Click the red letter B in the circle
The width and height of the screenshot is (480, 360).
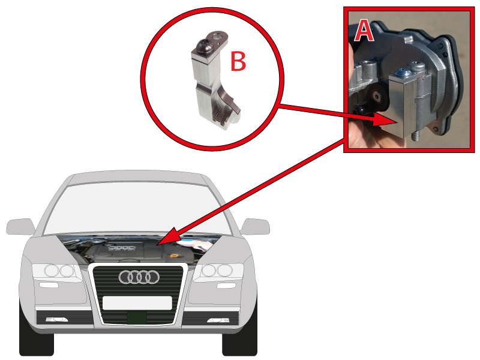pyautogui.click(x=238, y=61)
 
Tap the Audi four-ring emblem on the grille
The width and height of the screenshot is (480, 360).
pyautogui.click(x=139, y=277)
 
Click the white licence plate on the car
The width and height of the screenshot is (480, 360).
pyautogui.click(x=137, y=303)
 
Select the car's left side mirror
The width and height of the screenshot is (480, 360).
pyautogui.click(x=20, y=227)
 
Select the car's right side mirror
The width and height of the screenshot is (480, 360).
pyautogui.click(x=256, y=227)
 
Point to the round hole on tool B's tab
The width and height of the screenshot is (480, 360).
pyautogui.click(x=217, y=37)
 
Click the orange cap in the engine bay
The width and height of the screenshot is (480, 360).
pyautogui.click(x=174, y=256)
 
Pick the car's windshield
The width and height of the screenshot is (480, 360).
pyautogui.click(x=137, y=208)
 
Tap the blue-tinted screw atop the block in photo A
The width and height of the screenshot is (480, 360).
pyautogui.click(x=403, y=73)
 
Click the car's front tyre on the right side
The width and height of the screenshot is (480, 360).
pyautogui.click(x=239, y=338)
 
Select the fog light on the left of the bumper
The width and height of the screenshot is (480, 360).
pyautogui.click(x=56, y=320)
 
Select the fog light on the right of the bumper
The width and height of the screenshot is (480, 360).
pyautogui.click(x=218, y=320)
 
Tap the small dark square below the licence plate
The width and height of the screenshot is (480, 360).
pyautogui.click(x=137, y=317)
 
